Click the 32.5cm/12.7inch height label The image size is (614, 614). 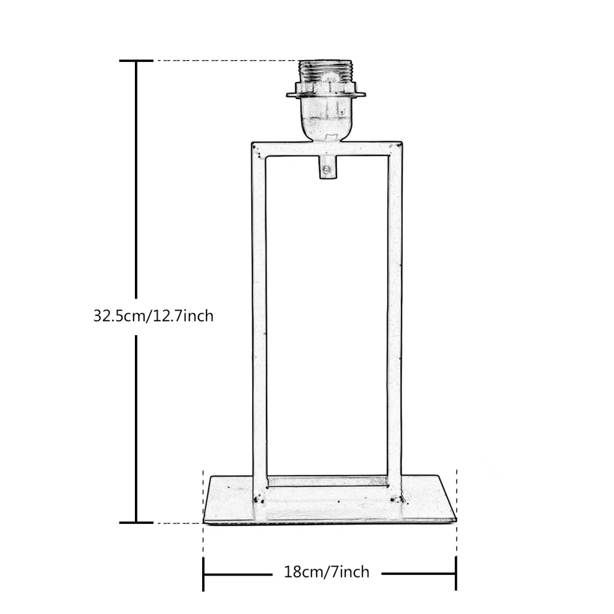coord(153,316)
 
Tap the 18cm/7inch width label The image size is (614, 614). coord(327,572)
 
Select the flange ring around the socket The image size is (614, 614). coord(326,95)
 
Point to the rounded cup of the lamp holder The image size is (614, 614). coord(326,119)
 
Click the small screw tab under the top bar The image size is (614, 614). coord(327,168)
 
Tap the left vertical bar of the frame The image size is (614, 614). coord(259,321)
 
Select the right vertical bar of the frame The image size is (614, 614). coord(395,321)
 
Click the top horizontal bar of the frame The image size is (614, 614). coord(327,148)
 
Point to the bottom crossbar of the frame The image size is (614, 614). coord(327,482)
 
